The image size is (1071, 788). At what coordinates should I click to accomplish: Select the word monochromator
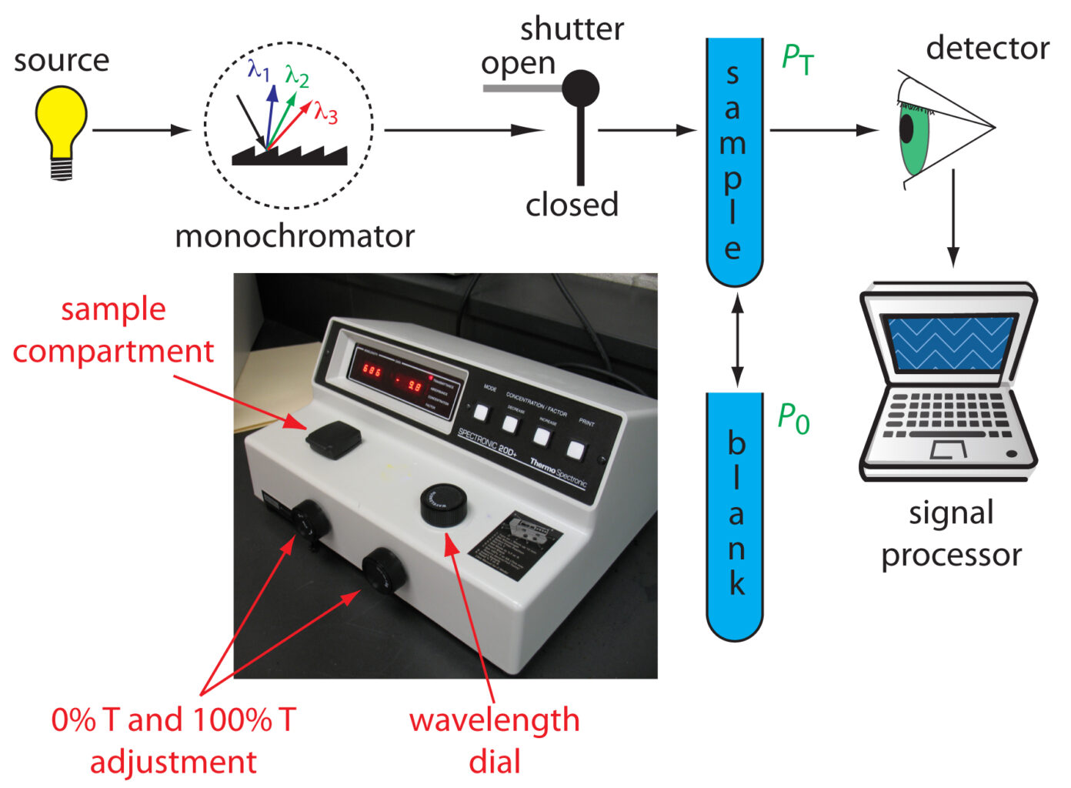[x=295, y=236]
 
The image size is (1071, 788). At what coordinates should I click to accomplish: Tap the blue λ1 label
[x=259, y=71]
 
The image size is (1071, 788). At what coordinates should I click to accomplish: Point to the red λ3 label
[x=325, y=113]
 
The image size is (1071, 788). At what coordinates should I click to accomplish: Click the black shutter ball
[x=580, y=88]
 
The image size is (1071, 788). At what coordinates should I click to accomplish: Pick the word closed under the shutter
[x=572, y=205]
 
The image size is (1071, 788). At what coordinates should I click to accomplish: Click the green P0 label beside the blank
[x=793, y=419]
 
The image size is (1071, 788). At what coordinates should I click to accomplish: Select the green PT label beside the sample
[x=797, y=59]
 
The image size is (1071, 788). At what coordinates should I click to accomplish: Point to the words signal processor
[x=952, y=533]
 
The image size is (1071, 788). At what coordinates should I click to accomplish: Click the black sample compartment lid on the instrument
[x=333, y=440]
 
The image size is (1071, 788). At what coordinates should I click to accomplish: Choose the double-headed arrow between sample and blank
[x=737, y=339]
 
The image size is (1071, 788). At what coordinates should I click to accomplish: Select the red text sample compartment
[x=113, y=330]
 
